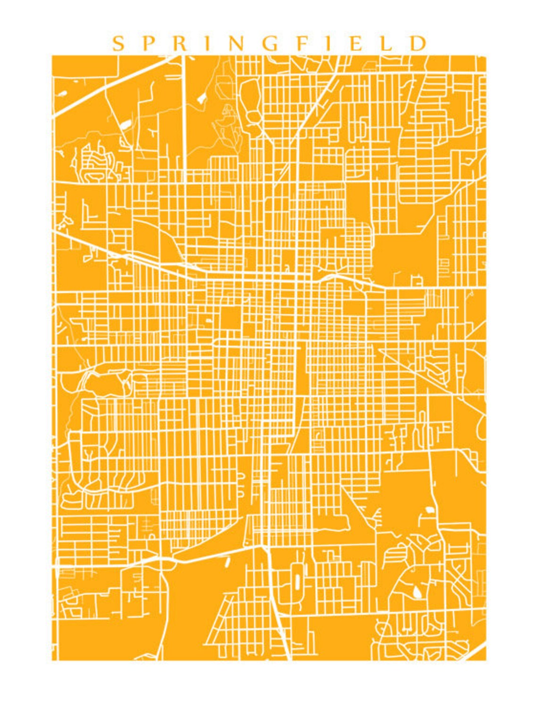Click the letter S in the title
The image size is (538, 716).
[x=118, y=44]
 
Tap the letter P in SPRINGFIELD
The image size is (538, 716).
[x=151, y=44]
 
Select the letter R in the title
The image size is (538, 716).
[x=182, y=44]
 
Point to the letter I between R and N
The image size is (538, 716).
[x=209, y=44]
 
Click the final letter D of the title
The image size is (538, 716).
[x=418, y=44]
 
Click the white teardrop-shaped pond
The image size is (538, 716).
[x=418, y=592]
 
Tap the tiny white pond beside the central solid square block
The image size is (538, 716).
[x=208, y=320]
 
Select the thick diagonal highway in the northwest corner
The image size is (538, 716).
[x=109, y=87]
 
